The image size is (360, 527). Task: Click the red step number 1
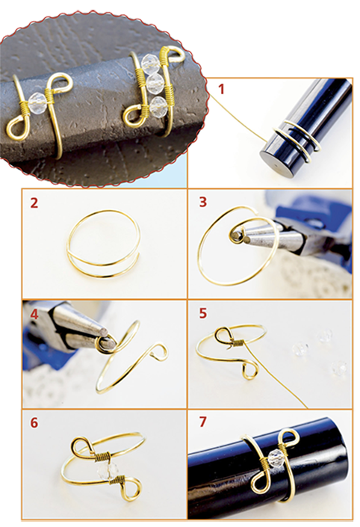[221, 90]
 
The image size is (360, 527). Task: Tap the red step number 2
[34, 203]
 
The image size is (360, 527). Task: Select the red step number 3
[203, 203]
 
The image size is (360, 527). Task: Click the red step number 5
[203, 313]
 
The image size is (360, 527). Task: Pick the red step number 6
[34, 423]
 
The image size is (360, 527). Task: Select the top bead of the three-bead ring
[148, 64]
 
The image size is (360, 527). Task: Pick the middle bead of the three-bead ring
[154, 82]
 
